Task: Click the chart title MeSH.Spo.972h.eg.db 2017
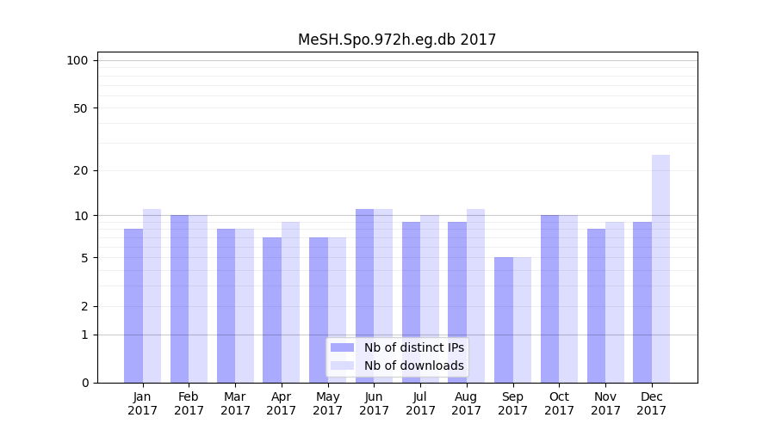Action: (x=397, y=40)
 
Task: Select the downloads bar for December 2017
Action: (x=660, y=268)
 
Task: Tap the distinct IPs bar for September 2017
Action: (x=504, y=320)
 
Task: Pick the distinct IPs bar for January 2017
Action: (x=133, y=305)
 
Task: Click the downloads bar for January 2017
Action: (x=152, y=296)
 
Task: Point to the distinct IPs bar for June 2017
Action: (x=365, y=296)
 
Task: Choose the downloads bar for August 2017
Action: (x=475, y=296)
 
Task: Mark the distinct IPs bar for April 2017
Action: (x=272, y=310)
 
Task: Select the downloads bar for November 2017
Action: (x=615, y=302)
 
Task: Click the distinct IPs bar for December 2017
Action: (x=642, y=302)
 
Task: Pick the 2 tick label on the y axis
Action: (x=84, y=306)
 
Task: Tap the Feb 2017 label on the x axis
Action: (x=189, y=403)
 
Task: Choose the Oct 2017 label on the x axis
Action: (x=559, y=403)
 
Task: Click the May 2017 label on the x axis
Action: (x=327, y=403)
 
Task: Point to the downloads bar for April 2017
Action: (x=290, y=302)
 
